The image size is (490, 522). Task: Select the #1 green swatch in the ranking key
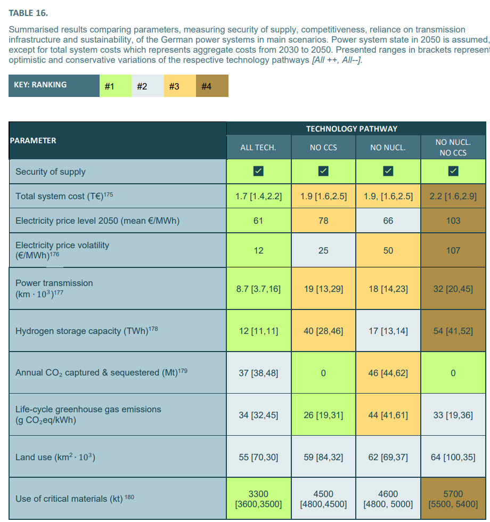click(x=115, y=86)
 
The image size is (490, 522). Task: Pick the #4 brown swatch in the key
click(x=212, y=86)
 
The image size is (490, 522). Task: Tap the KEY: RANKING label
click(x=40, y=85)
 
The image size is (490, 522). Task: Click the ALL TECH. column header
click(x=258, y=148)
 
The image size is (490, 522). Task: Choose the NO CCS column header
click(x=323, y=148)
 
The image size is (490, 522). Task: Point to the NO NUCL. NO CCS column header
click(x=453, y=148)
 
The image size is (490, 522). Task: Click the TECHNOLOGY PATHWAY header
click(x=352, y=129)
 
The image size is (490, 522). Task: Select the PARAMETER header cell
click(x=33, y=141)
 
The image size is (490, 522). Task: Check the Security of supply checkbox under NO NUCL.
click(x=388, y=171)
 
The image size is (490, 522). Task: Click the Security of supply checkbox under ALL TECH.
click(x=258, y=171)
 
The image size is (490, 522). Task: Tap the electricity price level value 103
click(x=453, y=221)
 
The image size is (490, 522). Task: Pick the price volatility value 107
click(x=453, y=250)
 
